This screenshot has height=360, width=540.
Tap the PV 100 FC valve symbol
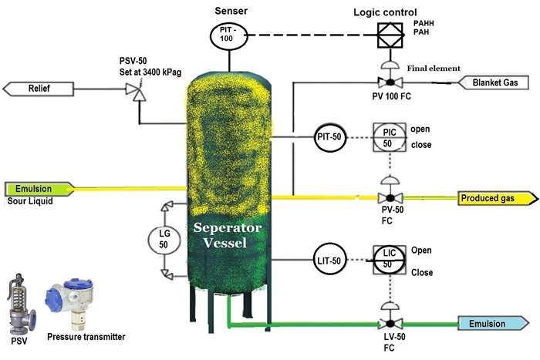(x=390, y=82)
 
